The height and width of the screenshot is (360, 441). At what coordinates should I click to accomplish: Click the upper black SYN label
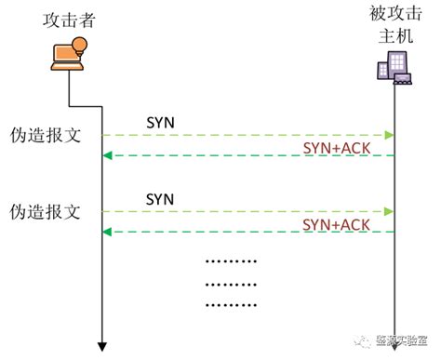[160, 122]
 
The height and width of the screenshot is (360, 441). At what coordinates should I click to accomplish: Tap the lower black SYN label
[160, 198]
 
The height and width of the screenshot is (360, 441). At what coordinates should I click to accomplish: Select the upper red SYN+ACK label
[337, 149]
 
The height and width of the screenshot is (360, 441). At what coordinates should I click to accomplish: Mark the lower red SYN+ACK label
[337, 225]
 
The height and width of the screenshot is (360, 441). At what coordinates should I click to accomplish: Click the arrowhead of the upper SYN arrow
[390, 136]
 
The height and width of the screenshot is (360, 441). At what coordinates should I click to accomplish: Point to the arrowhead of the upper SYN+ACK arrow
[106, 155]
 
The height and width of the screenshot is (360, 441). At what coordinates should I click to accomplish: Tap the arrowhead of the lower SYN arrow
[390, 212]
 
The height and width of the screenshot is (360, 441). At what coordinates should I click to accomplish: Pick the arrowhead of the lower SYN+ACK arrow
[106, 232]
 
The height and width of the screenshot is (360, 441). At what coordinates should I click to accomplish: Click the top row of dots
[230, 261]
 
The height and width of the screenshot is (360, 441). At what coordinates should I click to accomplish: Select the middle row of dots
[230, 283]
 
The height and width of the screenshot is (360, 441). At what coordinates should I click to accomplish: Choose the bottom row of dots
[230, 303]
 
